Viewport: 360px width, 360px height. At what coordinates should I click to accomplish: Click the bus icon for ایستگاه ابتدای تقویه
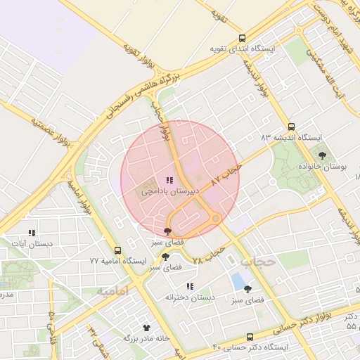243,39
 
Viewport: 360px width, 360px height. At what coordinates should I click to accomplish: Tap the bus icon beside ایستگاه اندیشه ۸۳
291,127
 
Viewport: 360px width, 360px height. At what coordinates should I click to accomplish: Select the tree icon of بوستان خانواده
322,155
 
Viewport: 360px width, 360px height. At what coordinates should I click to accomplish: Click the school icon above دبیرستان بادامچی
169,181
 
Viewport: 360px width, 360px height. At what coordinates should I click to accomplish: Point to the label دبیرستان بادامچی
171,191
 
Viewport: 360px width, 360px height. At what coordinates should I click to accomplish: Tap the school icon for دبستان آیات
31,233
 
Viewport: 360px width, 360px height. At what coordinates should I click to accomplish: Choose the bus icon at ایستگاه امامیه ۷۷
117,250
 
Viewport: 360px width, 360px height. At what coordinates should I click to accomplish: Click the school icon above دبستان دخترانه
189,286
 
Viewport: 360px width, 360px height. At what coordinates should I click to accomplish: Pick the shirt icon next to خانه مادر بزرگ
146,328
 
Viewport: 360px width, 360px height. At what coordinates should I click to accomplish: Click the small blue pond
238,281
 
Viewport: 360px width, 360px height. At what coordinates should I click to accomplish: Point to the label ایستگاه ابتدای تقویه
243,50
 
